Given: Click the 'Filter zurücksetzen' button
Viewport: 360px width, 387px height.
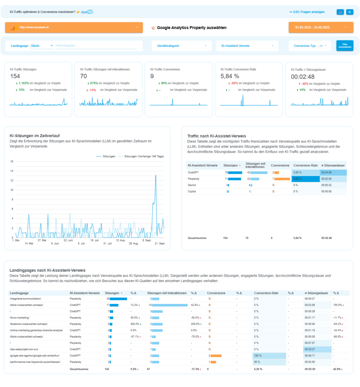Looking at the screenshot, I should [x=345, y=46].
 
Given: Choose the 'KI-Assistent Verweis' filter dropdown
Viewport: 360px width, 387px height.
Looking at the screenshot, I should [x=247, y=46].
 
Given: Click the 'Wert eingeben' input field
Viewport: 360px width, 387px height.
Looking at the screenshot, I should [x=98, y=46].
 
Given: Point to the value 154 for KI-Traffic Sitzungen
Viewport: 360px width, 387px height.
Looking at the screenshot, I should [x=15, y=76].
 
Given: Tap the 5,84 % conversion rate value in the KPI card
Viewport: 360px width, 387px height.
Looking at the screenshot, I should [x=230, y=76].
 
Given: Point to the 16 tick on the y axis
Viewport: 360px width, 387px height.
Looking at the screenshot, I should [x=12, y=161].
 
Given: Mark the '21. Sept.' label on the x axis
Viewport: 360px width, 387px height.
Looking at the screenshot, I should [x=159, y=244].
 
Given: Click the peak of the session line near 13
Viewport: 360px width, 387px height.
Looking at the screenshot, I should [x=156, y=175].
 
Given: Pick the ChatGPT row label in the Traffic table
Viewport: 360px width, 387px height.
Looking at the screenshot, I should [x=193, y=172].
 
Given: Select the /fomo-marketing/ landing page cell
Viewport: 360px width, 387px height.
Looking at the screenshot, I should [x=20, y=317].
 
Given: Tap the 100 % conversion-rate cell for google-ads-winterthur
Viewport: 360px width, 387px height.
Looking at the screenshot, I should [x=269, y=356].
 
